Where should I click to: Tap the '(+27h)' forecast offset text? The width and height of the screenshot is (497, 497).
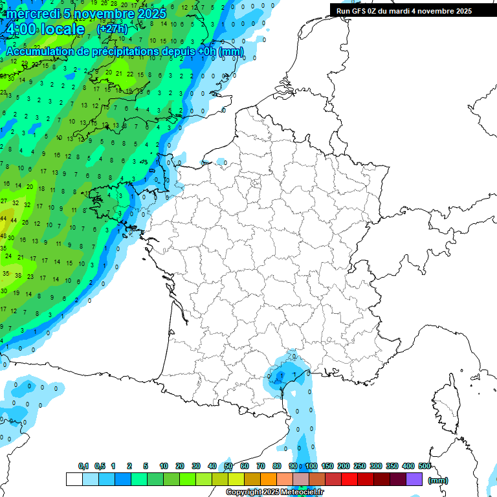112,29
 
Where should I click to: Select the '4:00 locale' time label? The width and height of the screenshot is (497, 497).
45,30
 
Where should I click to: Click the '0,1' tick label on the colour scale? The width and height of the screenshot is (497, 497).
83,466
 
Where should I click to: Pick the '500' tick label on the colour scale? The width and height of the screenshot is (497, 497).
425,466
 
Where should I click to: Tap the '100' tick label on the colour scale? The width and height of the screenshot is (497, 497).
311,466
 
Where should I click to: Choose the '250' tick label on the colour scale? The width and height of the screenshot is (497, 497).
360,466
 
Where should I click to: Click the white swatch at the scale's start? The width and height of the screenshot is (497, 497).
74,480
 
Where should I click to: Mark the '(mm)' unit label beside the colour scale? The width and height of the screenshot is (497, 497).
438,480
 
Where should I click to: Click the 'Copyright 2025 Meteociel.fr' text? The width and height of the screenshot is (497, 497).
275,492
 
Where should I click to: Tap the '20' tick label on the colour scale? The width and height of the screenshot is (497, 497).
180,466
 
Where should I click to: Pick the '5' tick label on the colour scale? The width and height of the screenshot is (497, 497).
147,466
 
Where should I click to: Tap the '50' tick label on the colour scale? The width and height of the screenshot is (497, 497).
228,466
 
